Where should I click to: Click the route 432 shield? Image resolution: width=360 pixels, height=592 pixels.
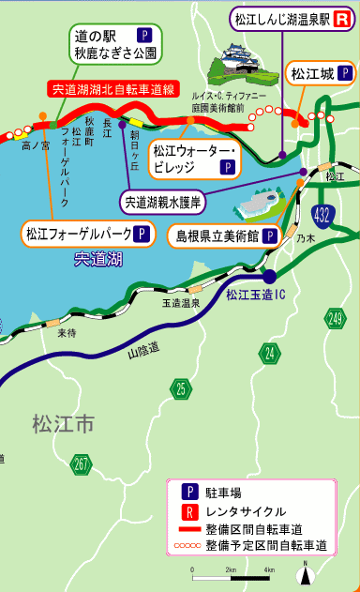tap(322, 215)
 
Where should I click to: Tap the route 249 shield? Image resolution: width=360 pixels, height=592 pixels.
tap(335, 320)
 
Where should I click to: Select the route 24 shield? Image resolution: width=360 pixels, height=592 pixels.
tap(271, 352)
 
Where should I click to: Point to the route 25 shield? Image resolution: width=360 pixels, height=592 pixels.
tap(180, 387)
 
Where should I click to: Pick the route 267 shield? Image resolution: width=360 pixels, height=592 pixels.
tap(82, 463)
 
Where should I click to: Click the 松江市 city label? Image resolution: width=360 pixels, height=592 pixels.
tap(62, 424)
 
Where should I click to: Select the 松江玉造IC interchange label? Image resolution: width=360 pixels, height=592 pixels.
tap(255, 294)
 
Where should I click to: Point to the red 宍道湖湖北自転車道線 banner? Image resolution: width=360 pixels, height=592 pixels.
tap(112, 90)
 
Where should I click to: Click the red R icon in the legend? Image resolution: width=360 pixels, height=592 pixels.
tap(189, 510)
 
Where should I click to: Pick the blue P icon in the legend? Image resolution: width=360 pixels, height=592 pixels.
tap(189, 492)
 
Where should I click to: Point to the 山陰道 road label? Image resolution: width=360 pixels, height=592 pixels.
tap(142, 350)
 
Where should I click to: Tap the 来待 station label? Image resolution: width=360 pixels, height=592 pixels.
tap(66, 333)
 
